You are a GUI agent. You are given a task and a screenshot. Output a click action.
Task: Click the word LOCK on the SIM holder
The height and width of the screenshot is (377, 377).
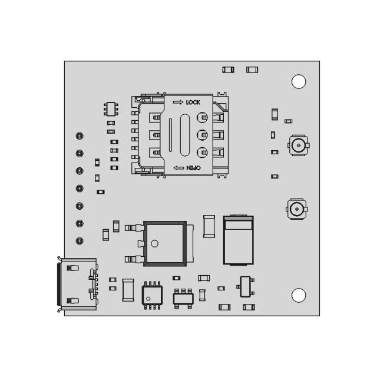pyautogui.click(x=193, y=102)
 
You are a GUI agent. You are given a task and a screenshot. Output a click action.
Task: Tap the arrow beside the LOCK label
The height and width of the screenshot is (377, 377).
pyautogui.click(x=178, y=102)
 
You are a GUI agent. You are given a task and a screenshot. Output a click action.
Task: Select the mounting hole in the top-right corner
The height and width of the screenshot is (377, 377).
pyautogui.click(x=299, y=81)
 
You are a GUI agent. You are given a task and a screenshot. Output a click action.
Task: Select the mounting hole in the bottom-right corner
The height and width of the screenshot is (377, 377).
pyautogui.click(x=299, y=295)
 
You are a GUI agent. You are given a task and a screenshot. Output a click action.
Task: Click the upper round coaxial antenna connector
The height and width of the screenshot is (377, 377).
pyautogui.click(x=299, y=144)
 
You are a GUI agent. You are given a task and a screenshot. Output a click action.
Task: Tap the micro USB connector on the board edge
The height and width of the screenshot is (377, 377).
pyautogui.click(x=74, y=284)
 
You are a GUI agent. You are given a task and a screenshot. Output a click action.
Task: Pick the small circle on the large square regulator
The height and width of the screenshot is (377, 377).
pyautogui.click(x=154, y=243)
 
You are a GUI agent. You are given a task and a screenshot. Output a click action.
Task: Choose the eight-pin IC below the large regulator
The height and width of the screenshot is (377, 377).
pyautogui.click(x=152, y=295)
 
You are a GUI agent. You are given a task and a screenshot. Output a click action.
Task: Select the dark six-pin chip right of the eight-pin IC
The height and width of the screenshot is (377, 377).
pyautogui.click(x=183, y=298)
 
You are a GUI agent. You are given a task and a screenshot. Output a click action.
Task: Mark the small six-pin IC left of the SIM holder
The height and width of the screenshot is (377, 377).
pyautogui.click(x=111, y=108)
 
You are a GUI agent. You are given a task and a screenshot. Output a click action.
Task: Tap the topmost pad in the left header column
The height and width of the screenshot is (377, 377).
pyautogui.click(x=80, y=136)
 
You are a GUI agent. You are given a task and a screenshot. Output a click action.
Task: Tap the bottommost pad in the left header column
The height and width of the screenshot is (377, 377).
pyautogui.click(x=80, y=241)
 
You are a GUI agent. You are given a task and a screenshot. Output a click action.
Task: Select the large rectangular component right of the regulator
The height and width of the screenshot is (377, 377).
pyautogui.click(x=239, y=240)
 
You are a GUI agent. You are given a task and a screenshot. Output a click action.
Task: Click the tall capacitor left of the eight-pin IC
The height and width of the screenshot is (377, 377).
pyautogui.click(x=128, y=289)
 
